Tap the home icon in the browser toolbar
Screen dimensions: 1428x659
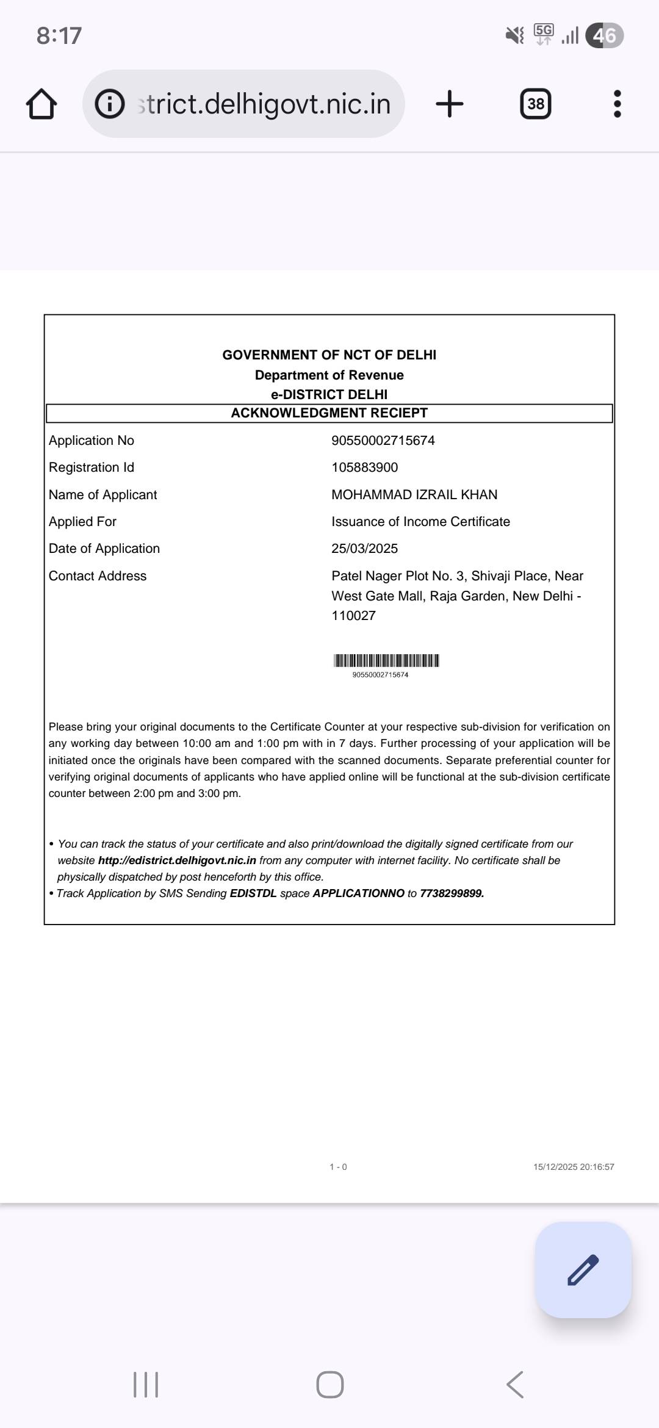(41, 104)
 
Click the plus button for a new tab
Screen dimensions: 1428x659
(450, 104)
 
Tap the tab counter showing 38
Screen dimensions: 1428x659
(536, 104)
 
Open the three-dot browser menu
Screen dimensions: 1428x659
(617, 104)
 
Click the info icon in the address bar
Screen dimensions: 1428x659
(110, 104)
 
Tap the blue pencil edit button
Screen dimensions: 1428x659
(583, 1270)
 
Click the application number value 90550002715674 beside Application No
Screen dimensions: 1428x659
(383, 441)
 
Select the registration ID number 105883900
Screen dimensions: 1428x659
(364, 467)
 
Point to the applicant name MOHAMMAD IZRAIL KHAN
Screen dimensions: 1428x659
(414, 495)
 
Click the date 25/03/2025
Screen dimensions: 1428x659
(364, 549)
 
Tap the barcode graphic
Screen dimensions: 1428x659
(386, 660)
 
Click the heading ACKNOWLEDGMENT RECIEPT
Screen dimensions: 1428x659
(329, 413)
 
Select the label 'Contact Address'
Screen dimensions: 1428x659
(98, 576)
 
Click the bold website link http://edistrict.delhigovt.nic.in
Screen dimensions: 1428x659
(177, 860)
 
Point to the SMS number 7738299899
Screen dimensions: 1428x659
(452, 893)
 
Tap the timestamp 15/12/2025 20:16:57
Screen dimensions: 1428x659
(574, 1167)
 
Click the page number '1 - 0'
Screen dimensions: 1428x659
(338, 1167)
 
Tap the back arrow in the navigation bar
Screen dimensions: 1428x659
(515, 1384)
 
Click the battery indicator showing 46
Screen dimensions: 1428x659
(604, 35)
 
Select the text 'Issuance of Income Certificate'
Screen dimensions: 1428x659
(420, 522)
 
